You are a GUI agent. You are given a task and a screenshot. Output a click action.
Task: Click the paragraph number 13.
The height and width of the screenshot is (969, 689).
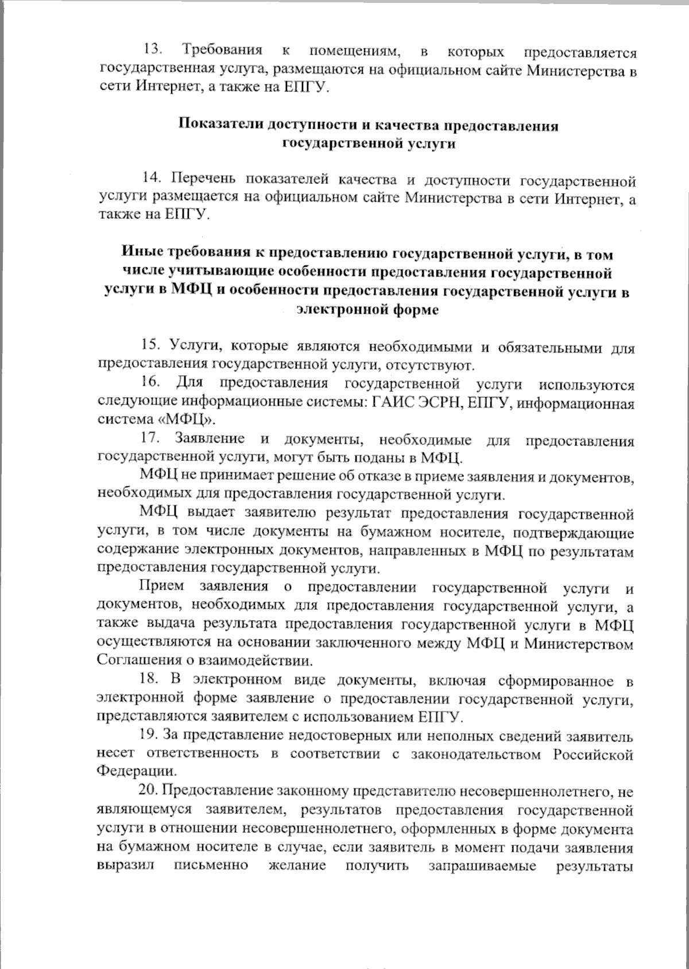pos(152,52)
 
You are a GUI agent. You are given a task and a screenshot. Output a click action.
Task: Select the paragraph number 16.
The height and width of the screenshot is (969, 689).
pos(152,383)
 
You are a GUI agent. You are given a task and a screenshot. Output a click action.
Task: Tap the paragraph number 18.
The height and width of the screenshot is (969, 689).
pos(152,680)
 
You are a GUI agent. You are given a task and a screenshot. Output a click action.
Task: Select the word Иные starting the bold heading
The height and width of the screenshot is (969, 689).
pos(142,253)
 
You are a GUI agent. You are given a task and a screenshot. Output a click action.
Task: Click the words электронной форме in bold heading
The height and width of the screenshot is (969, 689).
pos(367,310)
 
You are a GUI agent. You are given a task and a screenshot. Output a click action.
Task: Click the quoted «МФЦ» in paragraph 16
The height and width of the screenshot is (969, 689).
pos(184,420)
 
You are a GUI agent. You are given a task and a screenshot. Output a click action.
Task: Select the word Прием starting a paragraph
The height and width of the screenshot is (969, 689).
pos(161,587)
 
